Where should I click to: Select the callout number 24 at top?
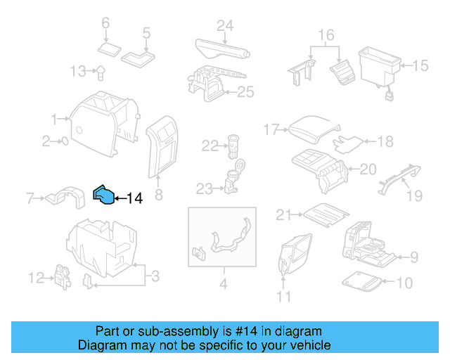(x=224, y=26)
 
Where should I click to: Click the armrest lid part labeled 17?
(x=312, y=129)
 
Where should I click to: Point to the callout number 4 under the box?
(x=223, y=284)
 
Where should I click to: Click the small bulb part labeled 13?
(x=101, y=70)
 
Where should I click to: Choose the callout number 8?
(x=158, y=195)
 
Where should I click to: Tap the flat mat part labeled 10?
(x=364, y=282)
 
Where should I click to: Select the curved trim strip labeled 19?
(x=397, y=176)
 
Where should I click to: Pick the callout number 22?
(x=210, y=146)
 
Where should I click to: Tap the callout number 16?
(x=326, y=34)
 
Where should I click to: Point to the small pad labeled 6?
(x=109, y=49)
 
